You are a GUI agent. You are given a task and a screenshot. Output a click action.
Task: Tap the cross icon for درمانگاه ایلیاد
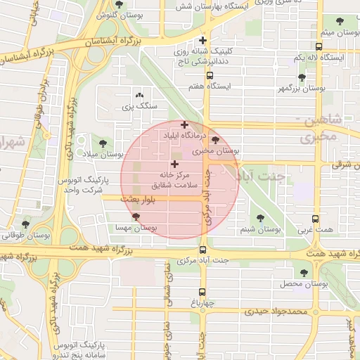(x=185, y=124)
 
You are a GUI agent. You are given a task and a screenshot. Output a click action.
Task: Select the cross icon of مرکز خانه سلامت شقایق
(x=174, y=164)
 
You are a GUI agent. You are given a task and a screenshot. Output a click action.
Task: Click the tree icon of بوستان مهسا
(x=136, y=217)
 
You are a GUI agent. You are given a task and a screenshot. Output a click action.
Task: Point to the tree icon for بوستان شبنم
(x=261, y=218)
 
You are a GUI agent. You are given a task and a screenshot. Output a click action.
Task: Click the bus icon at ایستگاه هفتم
(x=210, y=75)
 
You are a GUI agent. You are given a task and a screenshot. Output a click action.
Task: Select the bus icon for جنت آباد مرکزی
(x=202, y=250)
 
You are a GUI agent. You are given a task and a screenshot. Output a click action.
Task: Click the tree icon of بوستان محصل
(x=304, y=273)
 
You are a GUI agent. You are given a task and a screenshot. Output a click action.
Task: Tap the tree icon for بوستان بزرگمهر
(x=302, y=77)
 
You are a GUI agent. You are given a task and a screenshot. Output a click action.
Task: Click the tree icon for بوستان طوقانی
(x=26, y=225)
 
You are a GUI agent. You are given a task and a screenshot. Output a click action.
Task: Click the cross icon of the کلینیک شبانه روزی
(x=203, y=40)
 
